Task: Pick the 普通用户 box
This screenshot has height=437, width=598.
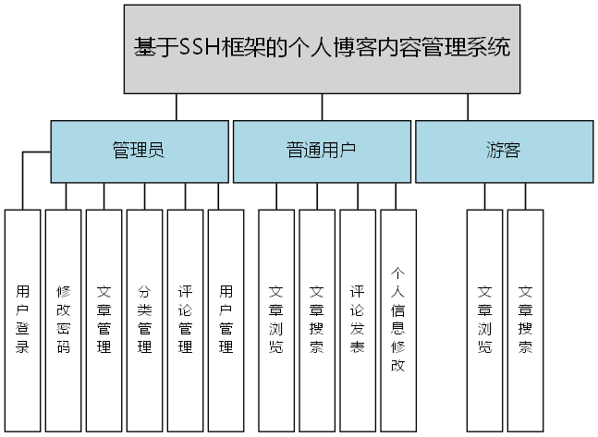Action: pyautogui.click(x=321, y=151)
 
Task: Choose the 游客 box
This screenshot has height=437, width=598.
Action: pyautogui.click(x=503, y=151)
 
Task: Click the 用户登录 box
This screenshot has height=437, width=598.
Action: pyautogui.click(x=23, y=320)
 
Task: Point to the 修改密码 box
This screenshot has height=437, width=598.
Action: pyautogui.click(x=64, y=320)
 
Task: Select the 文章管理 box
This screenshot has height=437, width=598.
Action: pyautogui.click(x=104, y=320)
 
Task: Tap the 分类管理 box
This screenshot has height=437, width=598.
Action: pyautogui.click(x=144, y=320)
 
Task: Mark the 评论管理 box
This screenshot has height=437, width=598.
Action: pyautogui.click(x=185, y=320)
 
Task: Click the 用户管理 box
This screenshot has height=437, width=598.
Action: pyautogui.click(x=226, y=320)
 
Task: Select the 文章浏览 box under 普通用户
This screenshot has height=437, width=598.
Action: pyautogui.click(x=275, y=320)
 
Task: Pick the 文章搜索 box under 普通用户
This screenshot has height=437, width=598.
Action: pyautogui.click(x=316, y=320)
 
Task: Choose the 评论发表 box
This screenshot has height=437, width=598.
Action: pyautogui.click(x=357, y=320)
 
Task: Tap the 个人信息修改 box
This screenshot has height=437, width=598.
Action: pyautogui.click(x=398, y=320)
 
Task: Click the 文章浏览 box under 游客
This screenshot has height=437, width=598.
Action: pyautogui.click(x=484, y=320)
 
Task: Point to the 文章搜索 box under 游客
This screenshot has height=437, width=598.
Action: pyautogui.click(x=525, y=320)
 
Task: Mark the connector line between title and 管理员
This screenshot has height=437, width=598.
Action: pyautogui.click(x=176, y=107)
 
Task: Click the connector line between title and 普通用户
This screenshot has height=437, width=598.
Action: pyautogui.click(x=321, y=107)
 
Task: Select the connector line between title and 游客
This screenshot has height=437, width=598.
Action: pyautogui.click(x=467, y=107)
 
